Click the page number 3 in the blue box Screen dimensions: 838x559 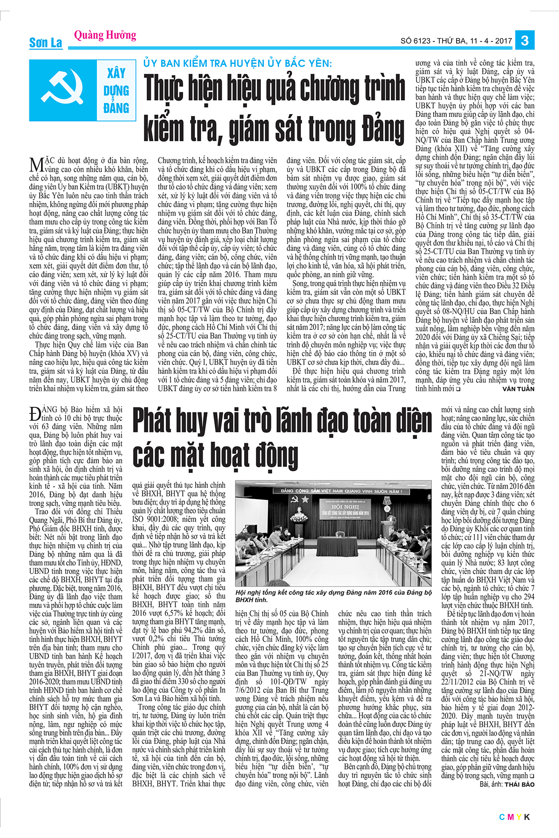click(x=525, y=40)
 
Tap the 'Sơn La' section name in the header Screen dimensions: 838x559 click(x=46, y=43)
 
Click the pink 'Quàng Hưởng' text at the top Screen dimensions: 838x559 click(x=105, y=35)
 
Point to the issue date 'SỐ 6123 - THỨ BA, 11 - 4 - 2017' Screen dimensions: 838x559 click(x=456, y=41)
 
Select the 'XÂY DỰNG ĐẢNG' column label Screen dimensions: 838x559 click(x=116, y=91)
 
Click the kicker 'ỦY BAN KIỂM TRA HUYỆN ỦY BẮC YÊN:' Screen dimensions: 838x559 click(x=238, y=63)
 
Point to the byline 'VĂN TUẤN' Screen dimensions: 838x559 click(x=518, y=389)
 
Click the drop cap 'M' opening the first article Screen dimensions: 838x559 click(x=36, y=164)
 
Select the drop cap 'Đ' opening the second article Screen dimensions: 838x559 click(x=35, y=414)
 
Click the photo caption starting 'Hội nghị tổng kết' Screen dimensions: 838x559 click(x=333, y=596)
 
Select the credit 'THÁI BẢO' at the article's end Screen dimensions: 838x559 click(x=519, y=784)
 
